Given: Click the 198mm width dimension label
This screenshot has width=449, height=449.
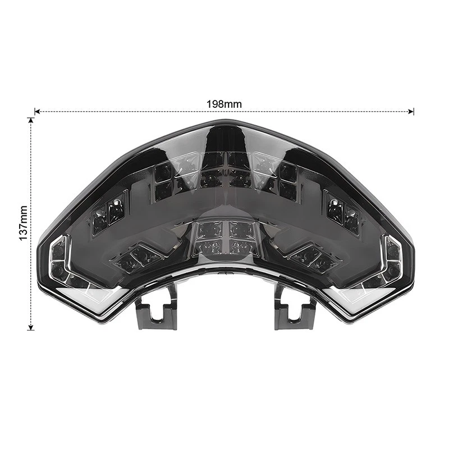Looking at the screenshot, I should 224,104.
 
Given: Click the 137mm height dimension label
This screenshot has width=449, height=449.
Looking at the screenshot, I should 23,222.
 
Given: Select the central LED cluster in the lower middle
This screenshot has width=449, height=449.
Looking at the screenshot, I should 224,239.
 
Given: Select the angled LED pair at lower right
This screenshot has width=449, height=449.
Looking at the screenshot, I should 310,257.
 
